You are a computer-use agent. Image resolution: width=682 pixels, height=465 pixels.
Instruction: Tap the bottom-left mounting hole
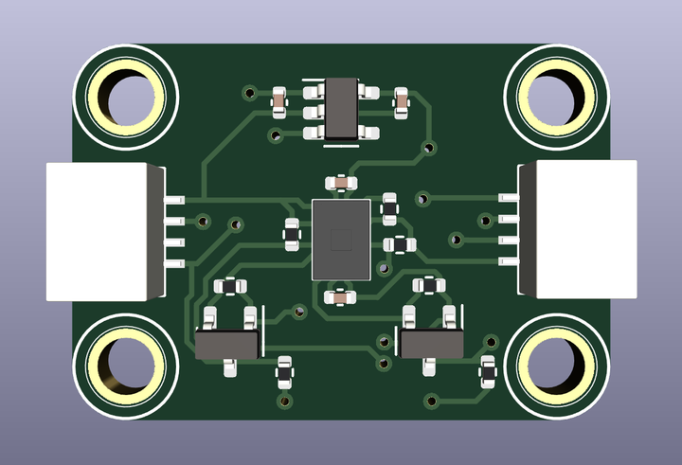(x=124, y=366)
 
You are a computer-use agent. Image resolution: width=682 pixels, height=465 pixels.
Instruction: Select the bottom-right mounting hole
(x=556, y=366)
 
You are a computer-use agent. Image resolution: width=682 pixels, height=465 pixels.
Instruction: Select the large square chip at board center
(x=341, y=239)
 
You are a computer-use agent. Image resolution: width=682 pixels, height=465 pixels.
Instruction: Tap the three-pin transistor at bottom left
(x=228, y=342)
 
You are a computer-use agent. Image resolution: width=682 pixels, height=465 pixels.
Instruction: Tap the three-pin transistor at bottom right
(x=431, y=342)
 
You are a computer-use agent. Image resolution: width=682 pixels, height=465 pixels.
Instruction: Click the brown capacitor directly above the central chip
(x=340, y=182)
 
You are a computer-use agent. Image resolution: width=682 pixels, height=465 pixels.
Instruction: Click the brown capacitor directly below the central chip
(x=340, y=297)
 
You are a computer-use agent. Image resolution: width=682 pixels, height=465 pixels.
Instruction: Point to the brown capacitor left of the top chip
(x=279, y=98)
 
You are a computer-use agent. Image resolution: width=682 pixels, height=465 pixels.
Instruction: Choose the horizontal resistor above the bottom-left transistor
(x=230, y=285)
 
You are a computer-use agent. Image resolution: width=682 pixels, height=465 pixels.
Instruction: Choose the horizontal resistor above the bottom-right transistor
(x=429, y=284)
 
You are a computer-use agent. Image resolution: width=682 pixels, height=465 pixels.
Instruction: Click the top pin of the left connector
(x=175, y=202)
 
